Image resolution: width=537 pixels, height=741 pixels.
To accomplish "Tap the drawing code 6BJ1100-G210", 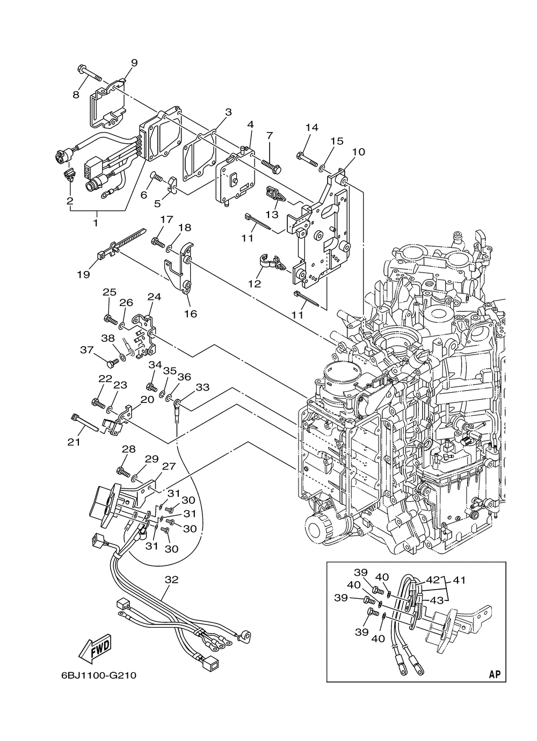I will pos(98,675).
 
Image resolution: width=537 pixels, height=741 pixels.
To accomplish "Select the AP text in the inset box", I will pos(495,674).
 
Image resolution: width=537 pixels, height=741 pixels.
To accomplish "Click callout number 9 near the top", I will pos(134,63).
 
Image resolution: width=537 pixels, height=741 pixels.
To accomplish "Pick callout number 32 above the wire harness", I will pos(171,580).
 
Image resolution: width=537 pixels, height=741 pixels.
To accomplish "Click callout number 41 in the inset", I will pos(459,579).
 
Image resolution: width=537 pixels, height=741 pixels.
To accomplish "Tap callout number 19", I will pos(83,274).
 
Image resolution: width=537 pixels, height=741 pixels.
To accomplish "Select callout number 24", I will pos(154,297).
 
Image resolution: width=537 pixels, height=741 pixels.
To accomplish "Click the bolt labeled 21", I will pos(84,422).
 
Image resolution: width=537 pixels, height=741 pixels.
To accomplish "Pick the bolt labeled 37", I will pos(112,363).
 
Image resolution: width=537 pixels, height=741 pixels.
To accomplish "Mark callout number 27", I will pos(169,466).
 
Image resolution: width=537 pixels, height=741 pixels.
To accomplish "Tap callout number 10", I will pos(358,152).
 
